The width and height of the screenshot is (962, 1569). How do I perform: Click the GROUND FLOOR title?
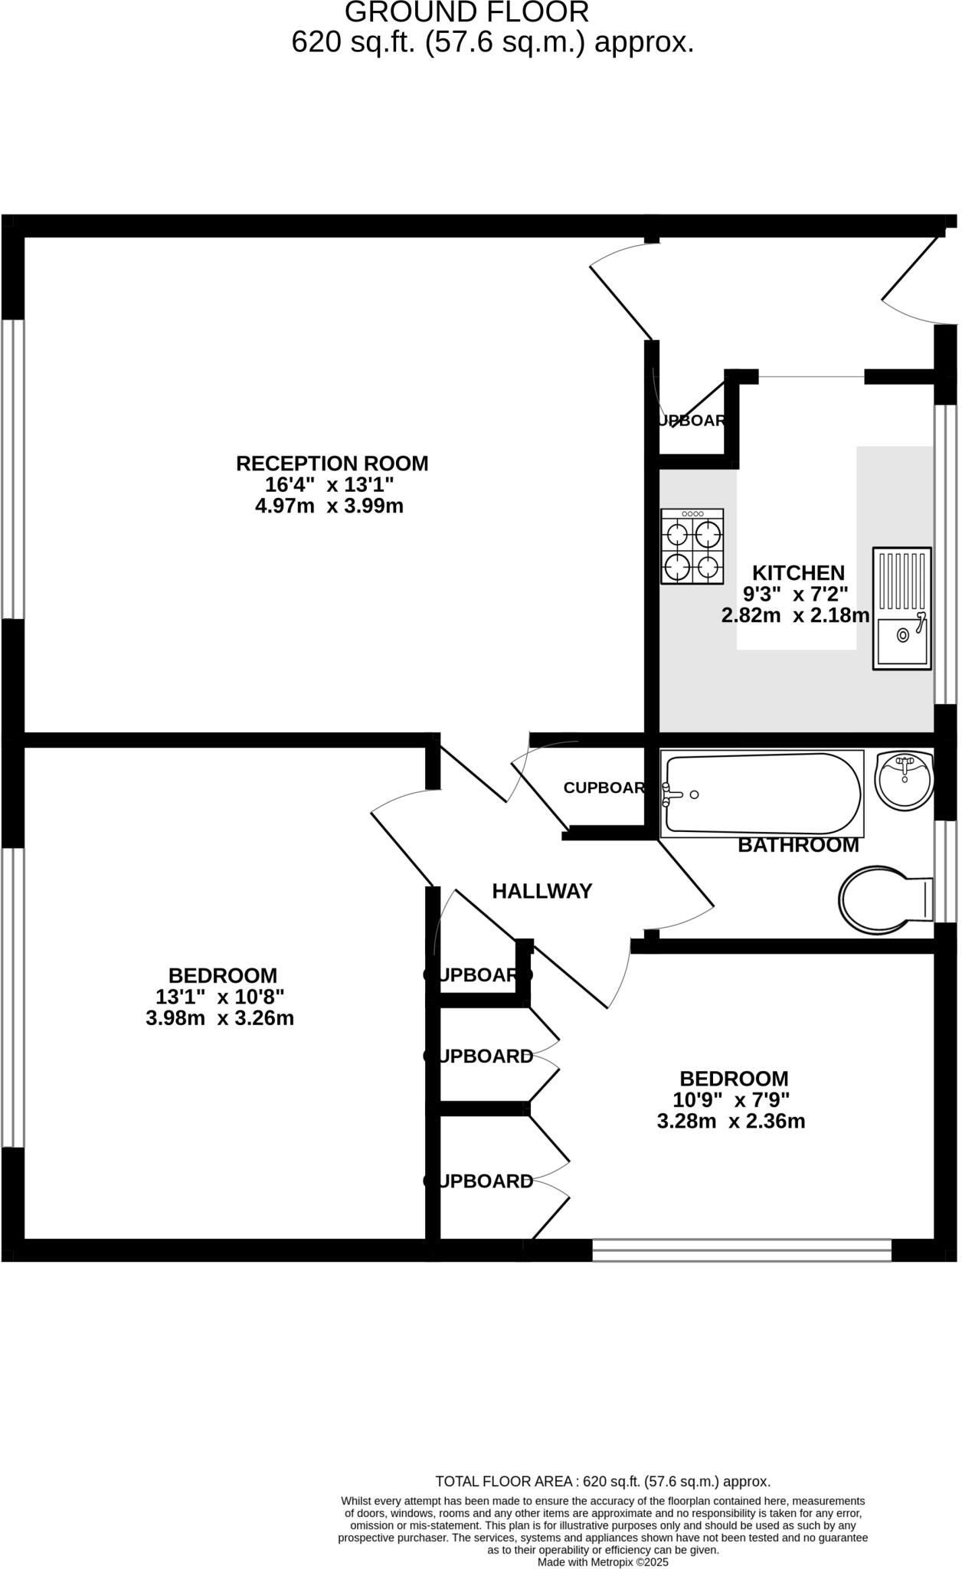click(x=466, y=12)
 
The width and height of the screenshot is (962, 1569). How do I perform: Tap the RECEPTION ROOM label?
click(x=332, y=463)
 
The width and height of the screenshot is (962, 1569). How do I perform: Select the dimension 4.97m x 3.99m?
click(x=329, y=506)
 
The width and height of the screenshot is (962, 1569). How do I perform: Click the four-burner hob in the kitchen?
click(x=692, y=546)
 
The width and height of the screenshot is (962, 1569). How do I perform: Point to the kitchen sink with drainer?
click(x=902, y=609)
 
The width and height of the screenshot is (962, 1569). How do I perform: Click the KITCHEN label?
click(x=798, y=572)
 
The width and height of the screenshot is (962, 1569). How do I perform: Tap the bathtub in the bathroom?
click(x=763, y=794)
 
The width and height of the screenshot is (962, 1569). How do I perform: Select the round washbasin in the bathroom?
click(x=904, y=778)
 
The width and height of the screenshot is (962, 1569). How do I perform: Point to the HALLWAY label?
click(x=542, y=891)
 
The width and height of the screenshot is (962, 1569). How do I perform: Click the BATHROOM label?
click(x=798, y=845)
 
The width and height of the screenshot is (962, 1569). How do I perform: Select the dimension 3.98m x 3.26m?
click(x=220, y=1018)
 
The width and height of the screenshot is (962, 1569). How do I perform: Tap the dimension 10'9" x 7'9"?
click(x=731, y=1100)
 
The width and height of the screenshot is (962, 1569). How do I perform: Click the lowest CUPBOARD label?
click(x=479, y=1181)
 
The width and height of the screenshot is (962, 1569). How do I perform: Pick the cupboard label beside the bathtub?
click(x=604, y=788)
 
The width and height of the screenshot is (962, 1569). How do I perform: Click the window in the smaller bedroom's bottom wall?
click(x=741, y=1251)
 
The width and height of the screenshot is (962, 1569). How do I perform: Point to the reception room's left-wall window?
click(x=11, y=469)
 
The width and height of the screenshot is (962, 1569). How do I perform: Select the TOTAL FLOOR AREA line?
click(x=602, y=1482)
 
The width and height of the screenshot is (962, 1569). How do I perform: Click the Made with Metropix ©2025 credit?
click(x=602, y=1562)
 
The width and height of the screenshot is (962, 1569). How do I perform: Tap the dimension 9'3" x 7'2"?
click(x=796, y=594)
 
